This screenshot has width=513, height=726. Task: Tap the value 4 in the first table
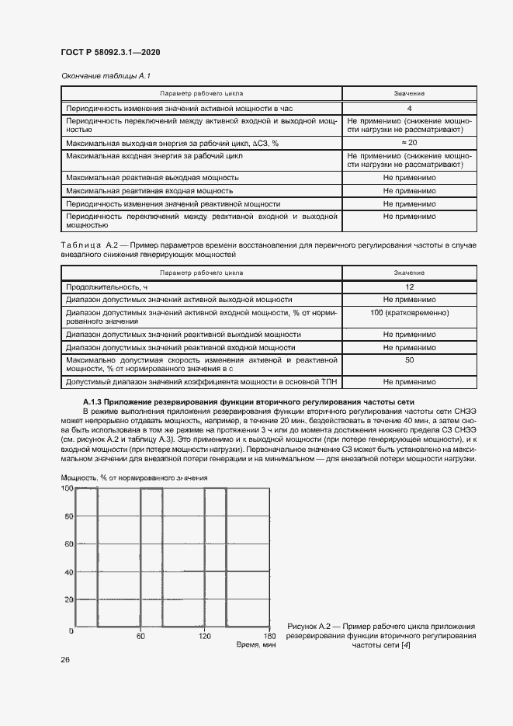coord(408,109)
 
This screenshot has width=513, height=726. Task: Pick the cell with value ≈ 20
coord(408,144)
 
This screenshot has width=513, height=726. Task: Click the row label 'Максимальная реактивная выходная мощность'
coord(152,178)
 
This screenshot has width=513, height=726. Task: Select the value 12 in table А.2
coord(408,287)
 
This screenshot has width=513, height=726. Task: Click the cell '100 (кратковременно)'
coord(408,311)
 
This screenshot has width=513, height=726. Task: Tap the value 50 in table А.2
coord(408,360)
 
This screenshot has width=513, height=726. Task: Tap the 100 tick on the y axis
coord(68,488)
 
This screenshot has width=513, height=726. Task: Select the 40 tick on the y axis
coord(69,573)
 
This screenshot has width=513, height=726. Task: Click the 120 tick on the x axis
coord(205,636)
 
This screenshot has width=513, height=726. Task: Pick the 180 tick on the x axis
coord(268,636)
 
